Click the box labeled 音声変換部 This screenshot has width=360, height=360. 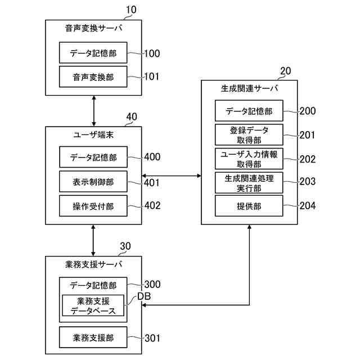93,77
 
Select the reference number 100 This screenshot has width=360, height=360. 152,54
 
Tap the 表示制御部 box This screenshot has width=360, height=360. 93,182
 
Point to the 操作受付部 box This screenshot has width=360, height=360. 93,206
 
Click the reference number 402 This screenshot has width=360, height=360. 152,205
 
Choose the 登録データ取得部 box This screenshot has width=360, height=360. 249,135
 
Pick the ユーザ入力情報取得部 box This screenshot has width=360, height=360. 249,159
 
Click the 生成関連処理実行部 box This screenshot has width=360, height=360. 249,183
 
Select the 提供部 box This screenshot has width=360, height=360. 249,206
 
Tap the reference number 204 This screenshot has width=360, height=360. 308,206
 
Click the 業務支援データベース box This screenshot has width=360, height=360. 93,305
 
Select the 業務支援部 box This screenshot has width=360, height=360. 93,337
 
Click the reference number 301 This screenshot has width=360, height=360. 152,338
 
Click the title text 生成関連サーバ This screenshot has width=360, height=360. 249,88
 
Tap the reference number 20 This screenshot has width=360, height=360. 285,71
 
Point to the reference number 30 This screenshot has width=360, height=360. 126,246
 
